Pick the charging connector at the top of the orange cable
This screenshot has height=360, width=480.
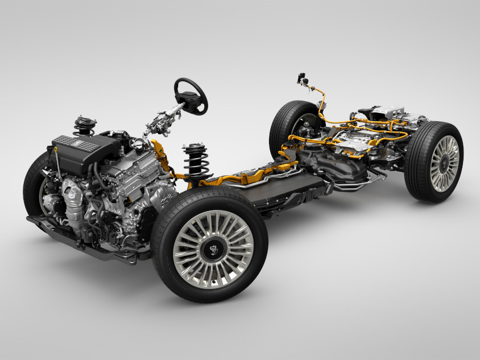click(301, 78)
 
